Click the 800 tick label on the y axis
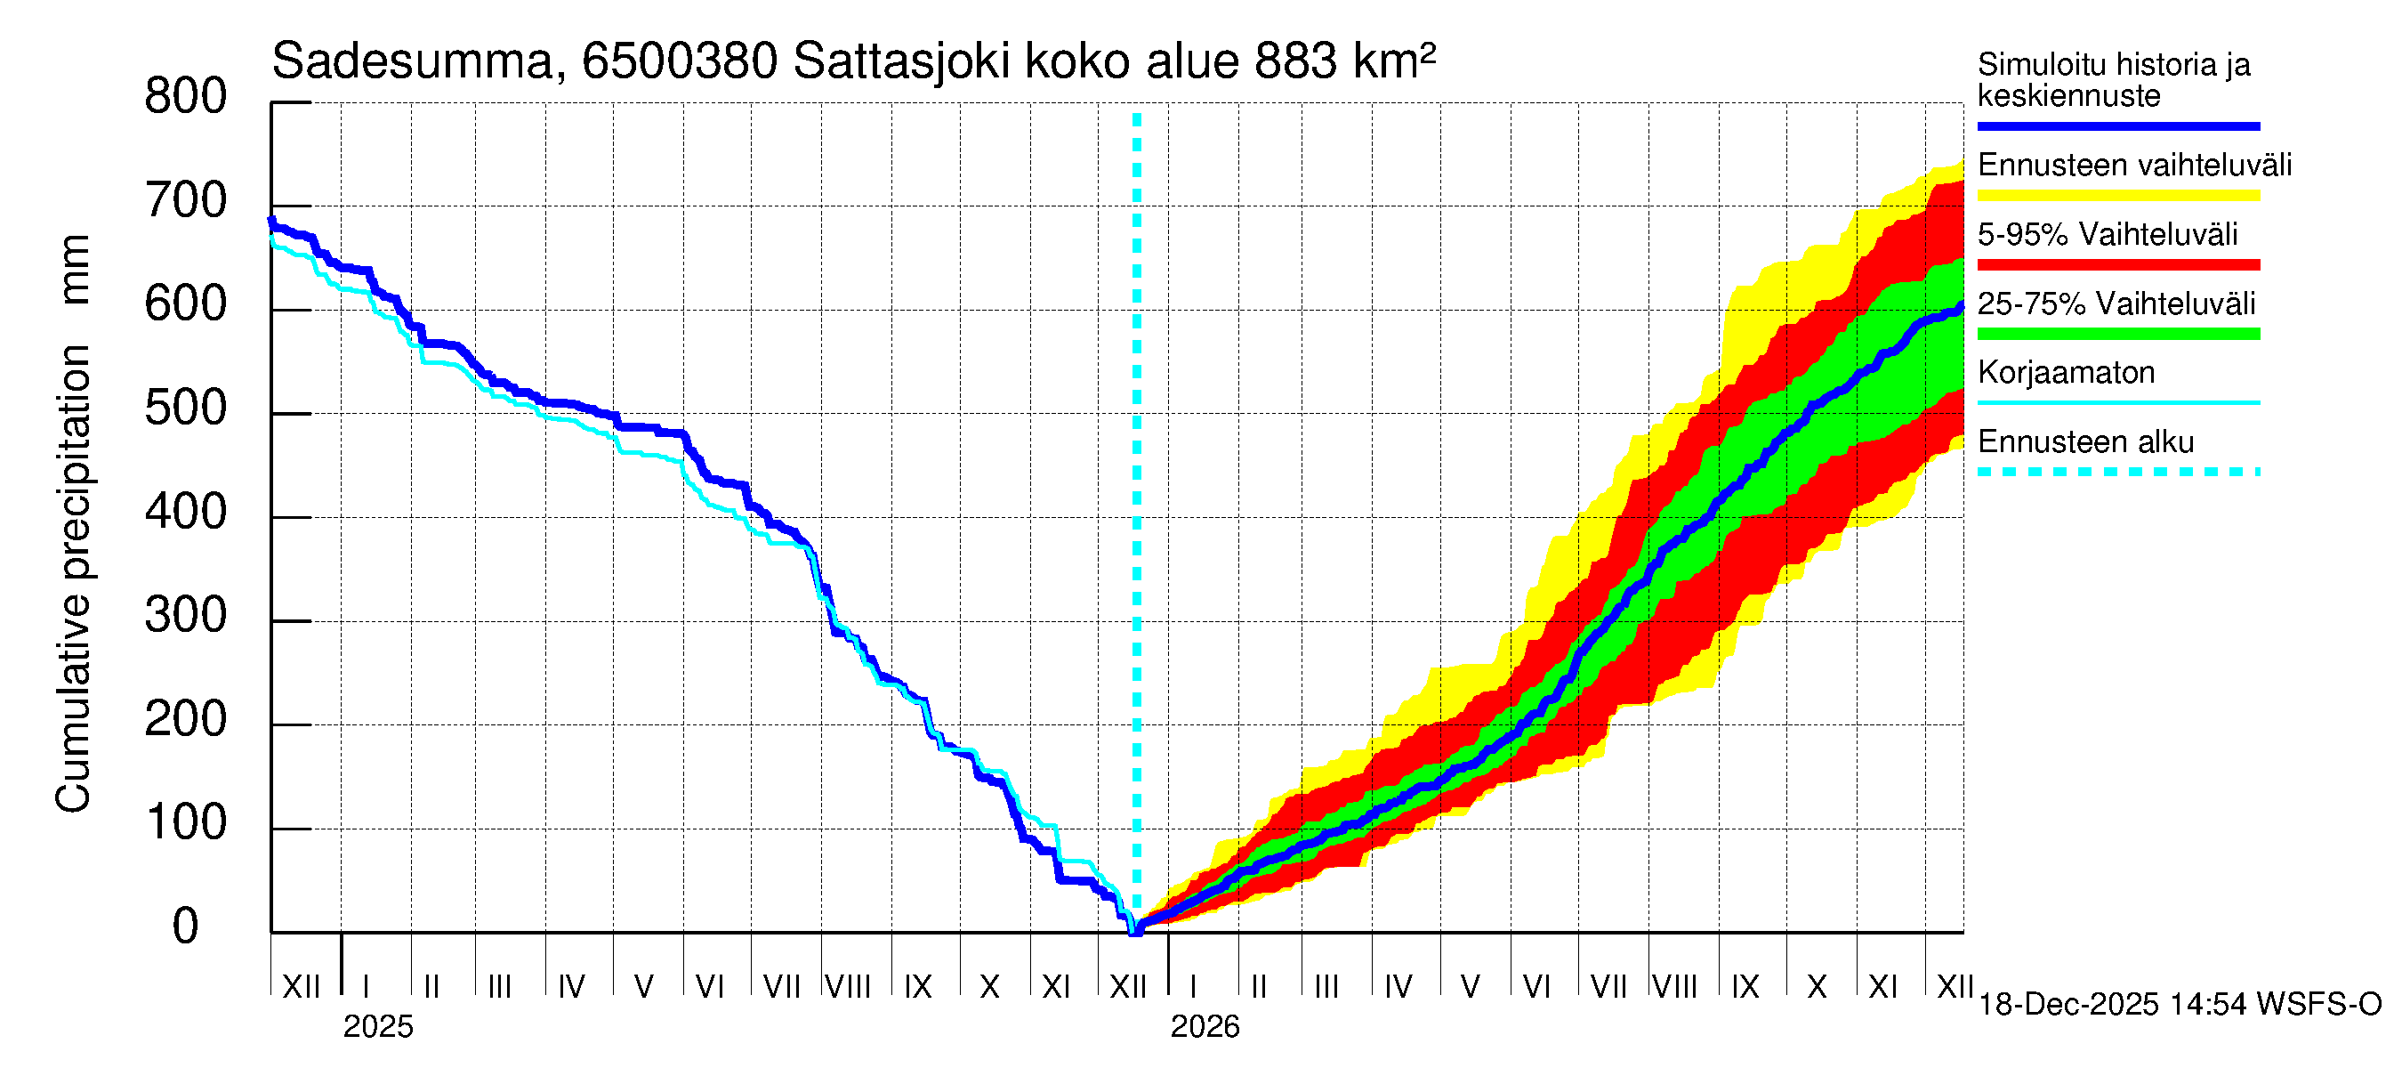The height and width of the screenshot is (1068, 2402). (x=186, y=97)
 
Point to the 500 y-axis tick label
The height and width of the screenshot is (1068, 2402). (x=186, y=409)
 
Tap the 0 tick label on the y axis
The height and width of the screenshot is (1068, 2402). (x=186, y=926)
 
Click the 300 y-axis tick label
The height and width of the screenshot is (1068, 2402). (x=186, y=616)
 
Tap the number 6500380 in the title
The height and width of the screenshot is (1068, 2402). (x=680, y=62)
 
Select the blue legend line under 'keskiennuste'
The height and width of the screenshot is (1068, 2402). (x=2117, y=125)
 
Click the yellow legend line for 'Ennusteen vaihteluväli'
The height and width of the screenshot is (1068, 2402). (x=2117, y=196)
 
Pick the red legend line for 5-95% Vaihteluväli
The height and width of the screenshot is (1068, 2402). (x=2117, y=265)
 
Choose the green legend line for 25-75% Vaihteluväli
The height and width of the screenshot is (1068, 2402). (x=2117, y=334)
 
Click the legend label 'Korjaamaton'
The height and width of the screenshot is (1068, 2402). (x=2067, y=373)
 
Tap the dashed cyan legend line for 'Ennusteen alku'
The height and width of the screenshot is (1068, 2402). (x=2117, y=472)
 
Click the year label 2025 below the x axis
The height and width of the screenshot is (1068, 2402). (x=377, y=1027)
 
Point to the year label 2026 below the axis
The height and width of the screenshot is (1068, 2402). (x=1205, y=1027)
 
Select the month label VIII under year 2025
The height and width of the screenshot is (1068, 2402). (x=848, y=987)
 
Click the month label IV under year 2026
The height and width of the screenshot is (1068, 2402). (x=1398, y=987)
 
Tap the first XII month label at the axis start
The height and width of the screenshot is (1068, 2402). (x=301, y=987)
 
